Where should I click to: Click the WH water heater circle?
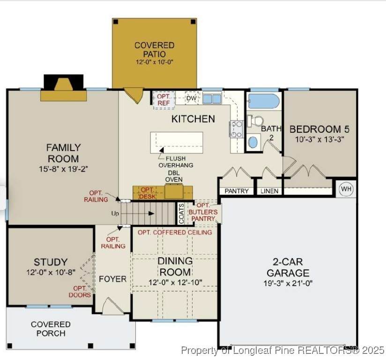coord(346,189)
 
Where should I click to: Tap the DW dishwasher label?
coord(191,98)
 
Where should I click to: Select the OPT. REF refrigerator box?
coord(163,100)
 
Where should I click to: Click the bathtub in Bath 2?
coord(264,101)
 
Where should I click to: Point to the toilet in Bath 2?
coord(255,121)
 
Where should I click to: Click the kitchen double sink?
coord(212,99)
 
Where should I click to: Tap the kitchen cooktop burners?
coord(237,129)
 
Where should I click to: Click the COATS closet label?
coord(181,214)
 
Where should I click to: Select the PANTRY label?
coord(237,191)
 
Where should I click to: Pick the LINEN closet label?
coord(269,191)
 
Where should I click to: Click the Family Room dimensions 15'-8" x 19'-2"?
coord(64,169)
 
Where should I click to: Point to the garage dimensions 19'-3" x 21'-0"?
coord(288,283)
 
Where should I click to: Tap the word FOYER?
coord(112,279)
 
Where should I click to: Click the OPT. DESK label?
coord(148,193)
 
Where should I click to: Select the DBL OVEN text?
coord(174,176)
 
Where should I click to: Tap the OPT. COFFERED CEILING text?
coord(175,232)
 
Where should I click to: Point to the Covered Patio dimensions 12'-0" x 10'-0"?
coord(155,61)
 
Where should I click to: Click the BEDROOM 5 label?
coord(319,129)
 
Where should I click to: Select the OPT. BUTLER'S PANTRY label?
coord(203,212)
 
